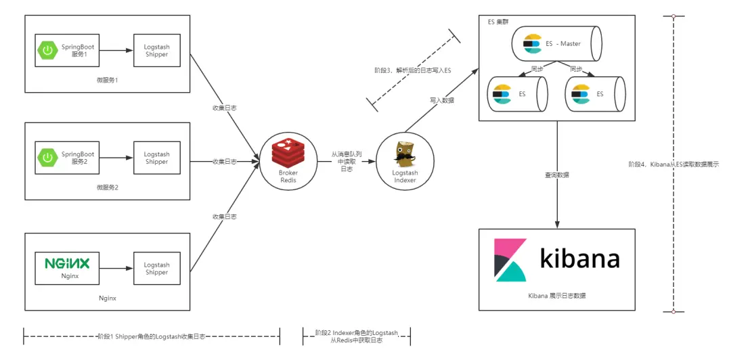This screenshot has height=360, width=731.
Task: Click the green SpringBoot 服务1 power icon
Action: [x=47, y=50]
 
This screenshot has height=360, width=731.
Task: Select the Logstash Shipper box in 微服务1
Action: [x=156, y=51]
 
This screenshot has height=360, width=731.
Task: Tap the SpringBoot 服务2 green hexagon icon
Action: [x=47, y=158]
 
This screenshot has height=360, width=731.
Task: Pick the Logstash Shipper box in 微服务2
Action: [x=156, y=158]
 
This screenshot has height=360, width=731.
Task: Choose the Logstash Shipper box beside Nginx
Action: [x=156, y=269]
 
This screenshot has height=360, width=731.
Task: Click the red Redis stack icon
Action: [x=288, y=153]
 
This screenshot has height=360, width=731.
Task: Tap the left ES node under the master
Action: [x=518, y=94]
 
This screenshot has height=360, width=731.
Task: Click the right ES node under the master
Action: [x=595, y=94]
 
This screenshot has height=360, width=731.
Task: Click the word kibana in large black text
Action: [x=579, y=259]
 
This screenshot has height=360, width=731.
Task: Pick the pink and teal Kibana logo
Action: [x=510, y=260]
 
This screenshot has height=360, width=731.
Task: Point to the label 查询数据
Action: [x=557, y=175]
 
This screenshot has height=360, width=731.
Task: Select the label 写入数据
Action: [x=442, y=100]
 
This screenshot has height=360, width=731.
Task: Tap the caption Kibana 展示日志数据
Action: [x=556, y=296]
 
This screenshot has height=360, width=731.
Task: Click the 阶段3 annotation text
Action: [x=412, y=70]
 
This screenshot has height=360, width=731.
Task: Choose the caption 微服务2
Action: [x=108, y=187]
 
